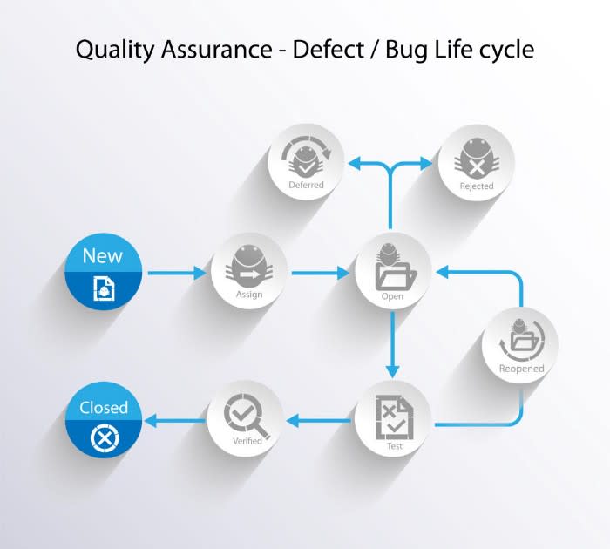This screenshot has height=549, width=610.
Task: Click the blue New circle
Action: click(x=103, y=272)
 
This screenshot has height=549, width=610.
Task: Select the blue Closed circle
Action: click(x=103, y=421)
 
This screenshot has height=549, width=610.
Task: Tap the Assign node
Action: click(x=248, y=270)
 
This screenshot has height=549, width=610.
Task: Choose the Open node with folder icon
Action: click(x=392, y=270)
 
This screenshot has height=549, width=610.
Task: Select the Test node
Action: click(x=392, y=419)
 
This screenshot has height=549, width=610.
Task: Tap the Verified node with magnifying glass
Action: click(x=245, y=419)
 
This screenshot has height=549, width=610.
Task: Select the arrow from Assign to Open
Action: click(x=319, y=274)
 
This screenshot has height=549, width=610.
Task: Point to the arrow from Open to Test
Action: click(x=392, y=343)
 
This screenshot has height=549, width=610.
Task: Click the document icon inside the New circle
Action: click(x=103, y=288)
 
